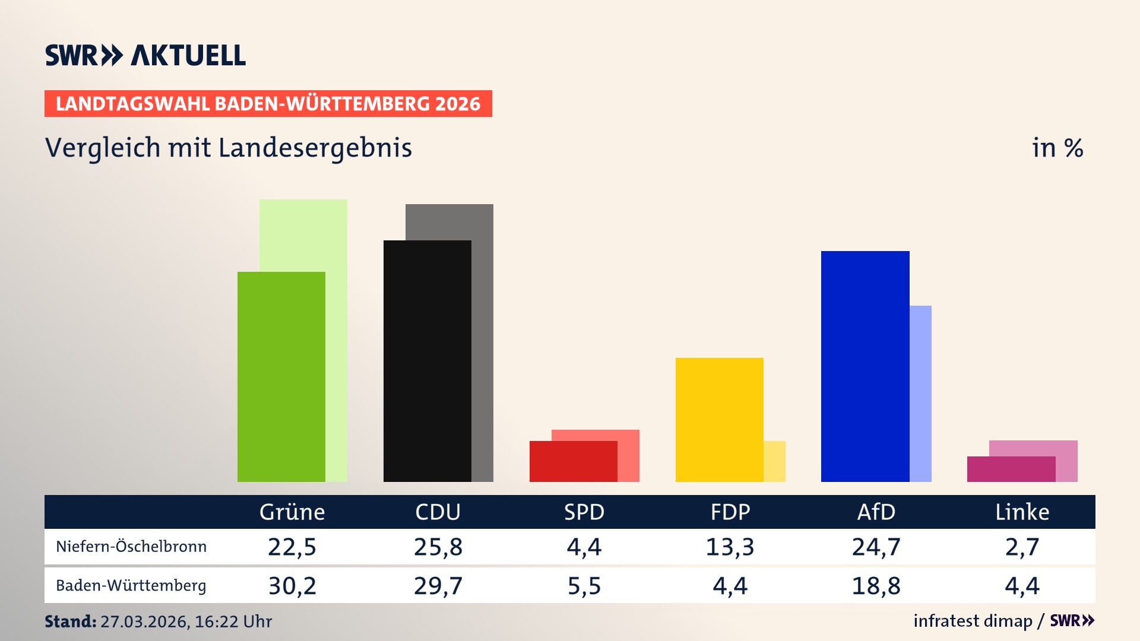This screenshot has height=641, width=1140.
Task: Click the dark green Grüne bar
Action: click(x=281, y=377)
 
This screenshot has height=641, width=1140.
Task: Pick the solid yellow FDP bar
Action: click(x=719, y=420)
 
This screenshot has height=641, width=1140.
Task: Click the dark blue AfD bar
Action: click(x=864, y=366)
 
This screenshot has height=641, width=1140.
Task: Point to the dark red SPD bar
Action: click(x=573, y=462)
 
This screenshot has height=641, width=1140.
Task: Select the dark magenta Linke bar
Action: click(x=1011, y=469)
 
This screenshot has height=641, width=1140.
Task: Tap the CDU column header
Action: click(x=438, y=512)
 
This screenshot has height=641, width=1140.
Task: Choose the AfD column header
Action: click(x=876, y=512)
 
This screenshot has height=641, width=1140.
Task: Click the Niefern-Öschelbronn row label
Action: click(x=131, y=547)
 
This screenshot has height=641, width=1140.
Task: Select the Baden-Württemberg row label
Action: click(x=131, y=586)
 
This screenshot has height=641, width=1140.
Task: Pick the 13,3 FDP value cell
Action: click(x=730, y=547)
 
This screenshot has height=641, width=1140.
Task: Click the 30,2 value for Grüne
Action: click(x=292, y=586)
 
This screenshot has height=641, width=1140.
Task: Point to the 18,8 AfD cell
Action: click(x=876, y=586)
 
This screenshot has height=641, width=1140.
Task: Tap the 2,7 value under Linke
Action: click(x=1022, y=547)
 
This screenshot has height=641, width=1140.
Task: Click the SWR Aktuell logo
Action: click(x=145, y=55)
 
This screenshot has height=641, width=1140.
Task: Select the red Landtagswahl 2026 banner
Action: click(x=268, y=104)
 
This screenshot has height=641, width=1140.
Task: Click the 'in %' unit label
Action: click(x=1057, y=148)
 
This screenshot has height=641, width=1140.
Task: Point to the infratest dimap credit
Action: click(x=973, y=621)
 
